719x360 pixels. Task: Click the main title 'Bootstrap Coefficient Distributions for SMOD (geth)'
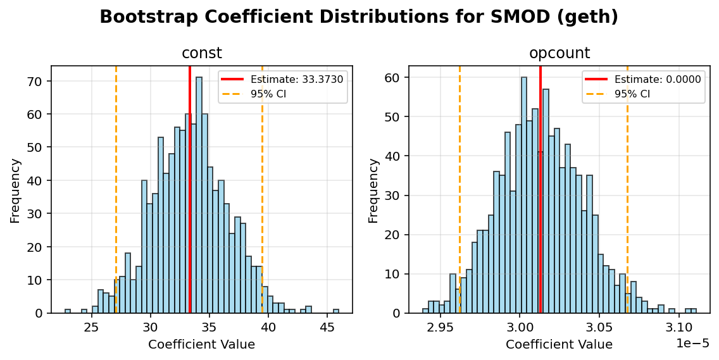click(359, 17)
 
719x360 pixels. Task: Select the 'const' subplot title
click(201, 54)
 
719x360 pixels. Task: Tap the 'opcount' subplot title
click(559, 54)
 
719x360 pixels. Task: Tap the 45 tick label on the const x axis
click(327, 328)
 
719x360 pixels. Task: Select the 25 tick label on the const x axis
click(92, 328)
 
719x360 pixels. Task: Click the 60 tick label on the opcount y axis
click(393, 78)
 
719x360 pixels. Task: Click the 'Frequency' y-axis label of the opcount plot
click(373, 190)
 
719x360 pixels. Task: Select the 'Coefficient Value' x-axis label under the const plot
click(201, 345)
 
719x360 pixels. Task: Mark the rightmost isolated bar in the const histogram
click(336, 311)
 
